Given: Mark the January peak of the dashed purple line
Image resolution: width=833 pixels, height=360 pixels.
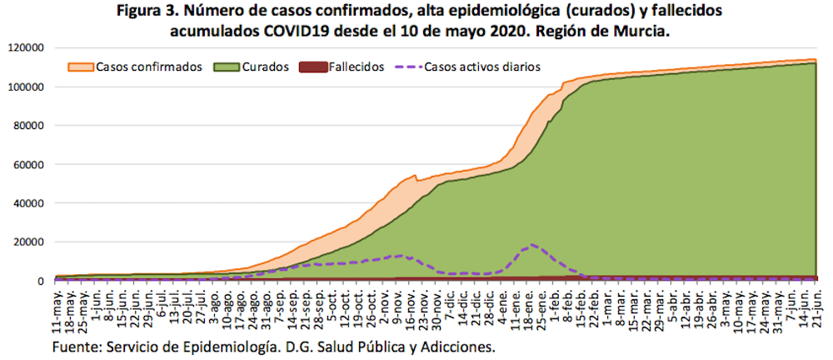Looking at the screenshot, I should click(532, 245).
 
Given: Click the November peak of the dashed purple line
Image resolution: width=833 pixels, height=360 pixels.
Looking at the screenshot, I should click(400, 256).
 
